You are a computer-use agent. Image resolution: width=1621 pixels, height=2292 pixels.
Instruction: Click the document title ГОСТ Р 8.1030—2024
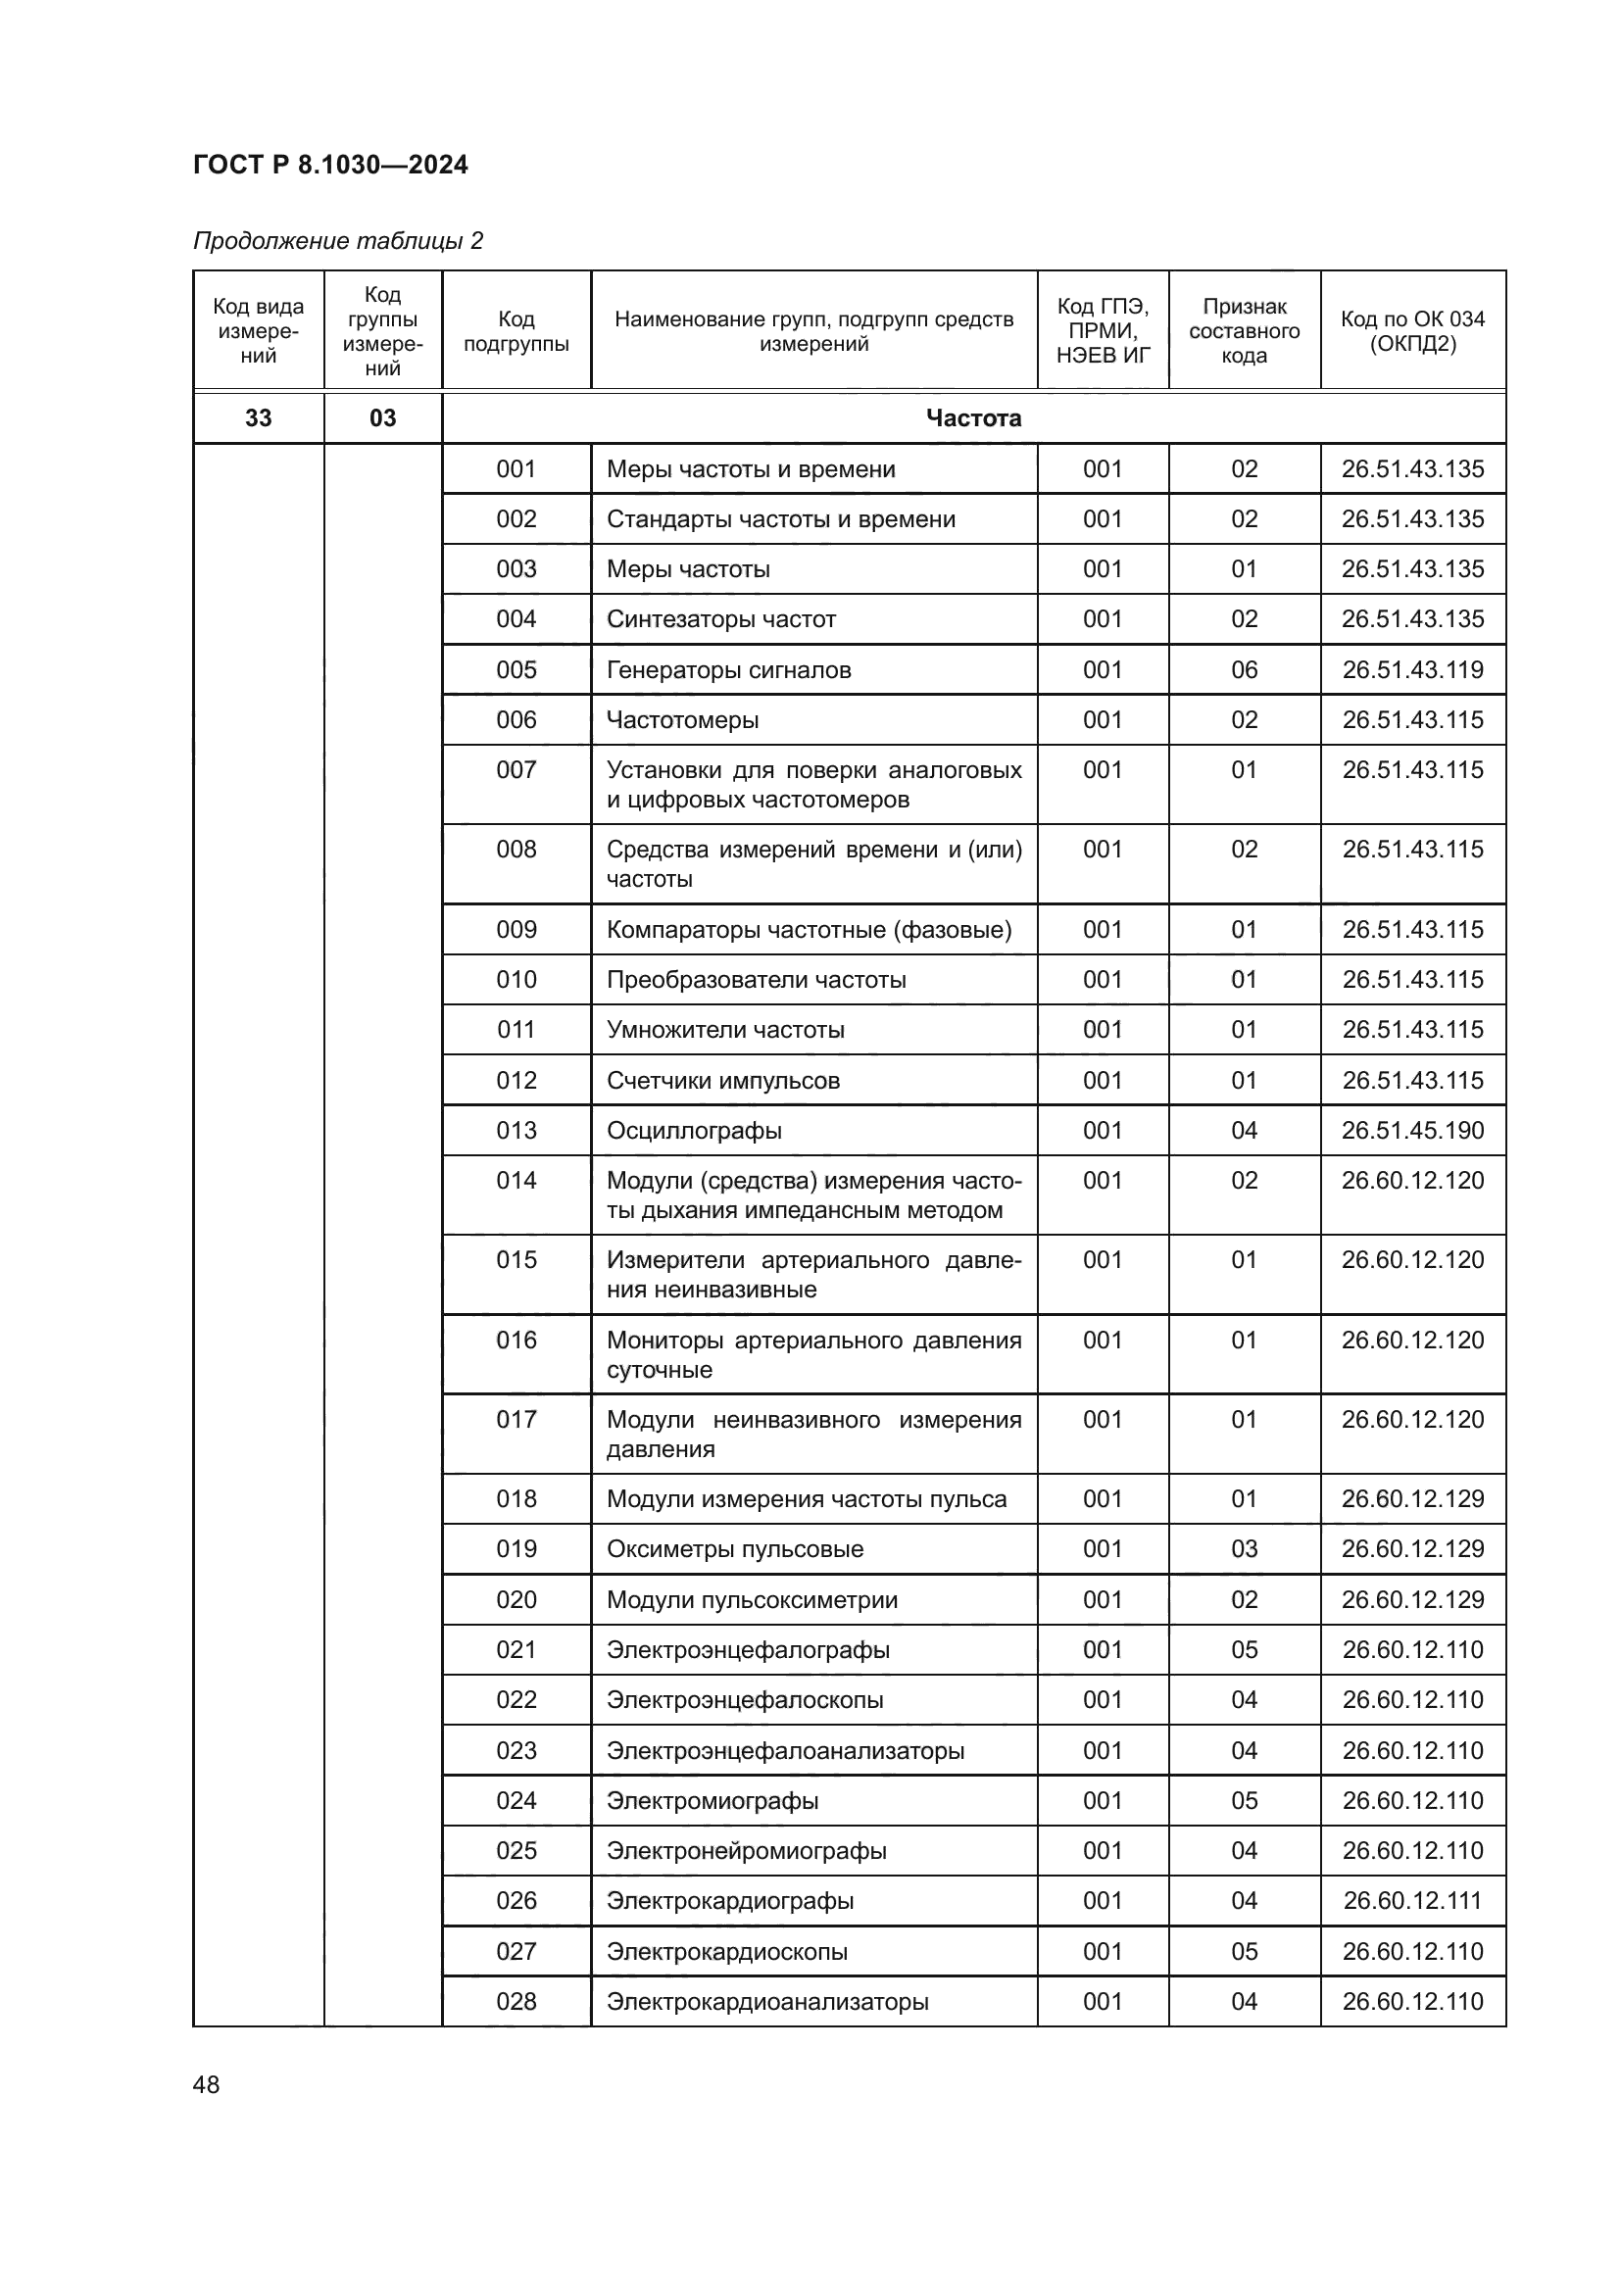point(330,165)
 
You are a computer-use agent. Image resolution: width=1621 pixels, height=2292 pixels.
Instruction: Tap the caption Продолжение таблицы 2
point(337,241)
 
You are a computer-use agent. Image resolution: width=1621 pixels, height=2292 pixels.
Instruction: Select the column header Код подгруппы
point(516,331)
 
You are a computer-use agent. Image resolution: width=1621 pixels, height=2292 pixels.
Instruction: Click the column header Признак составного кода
point(1244,331)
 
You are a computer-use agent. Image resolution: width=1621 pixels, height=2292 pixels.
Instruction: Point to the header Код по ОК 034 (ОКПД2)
point(1412,331)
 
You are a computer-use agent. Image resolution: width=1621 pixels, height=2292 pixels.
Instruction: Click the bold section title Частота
point(973,418)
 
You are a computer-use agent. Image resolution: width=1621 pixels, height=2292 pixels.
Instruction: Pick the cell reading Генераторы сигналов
point(728,670)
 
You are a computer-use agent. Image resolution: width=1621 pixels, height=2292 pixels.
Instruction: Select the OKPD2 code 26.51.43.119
point(1412,670)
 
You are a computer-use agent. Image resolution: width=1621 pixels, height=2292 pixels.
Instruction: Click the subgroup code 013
point(516,1130)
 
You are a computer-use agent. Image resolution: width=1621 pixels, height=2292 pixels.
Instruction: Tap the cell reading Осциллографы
point(694,1130)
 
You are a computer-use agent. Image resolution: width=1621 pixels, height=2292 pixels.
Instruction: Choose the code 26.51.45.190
point(1412,1130)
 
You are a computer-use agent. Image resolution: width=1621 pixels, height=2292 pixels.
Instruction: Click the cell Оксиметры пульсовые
point(735,1548)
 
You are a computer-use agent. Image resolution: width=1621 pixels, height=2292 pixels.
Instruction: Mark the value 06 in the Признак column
point(1244,670)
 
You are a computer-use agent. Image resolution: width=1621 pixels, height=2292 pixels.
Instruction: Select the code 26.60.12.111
point(1412,1900)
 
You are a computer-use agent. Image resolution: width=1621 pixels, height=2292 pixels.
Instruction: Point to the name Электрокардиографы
point(730,1900)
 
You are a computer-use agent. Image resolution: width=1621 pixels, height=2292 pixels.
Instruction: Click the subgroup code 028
point(516,2001)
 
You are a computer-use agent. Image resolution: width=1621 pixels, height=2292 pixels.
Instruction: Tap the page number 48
point(206,2084)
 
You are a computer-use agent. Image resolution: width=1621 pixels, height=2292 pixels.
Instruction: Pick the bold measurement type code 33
point(259,418)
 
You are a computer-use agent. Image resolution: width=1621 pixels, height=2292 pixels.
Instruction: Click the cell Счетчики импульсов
point(722,1080)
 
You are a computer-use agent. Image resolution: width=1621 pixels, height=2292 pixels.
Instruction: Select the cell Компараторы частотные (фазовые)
point(809,929)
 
